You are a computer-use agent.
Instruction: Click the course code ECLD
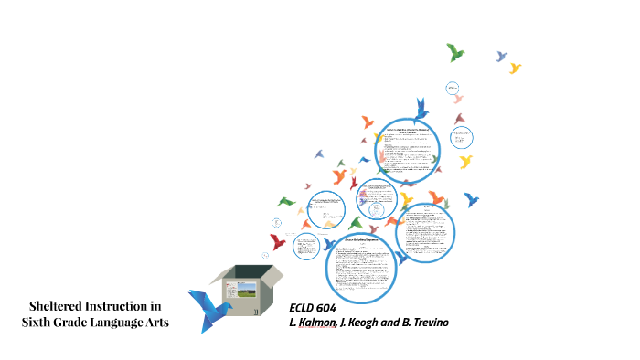tap(303, 307)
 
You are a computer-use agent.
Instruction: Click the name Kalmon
tap(315, 323)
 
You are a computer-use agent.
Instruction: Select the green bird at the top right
tap(454, 52)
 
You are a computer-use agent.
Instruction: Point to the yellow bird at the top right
tap(515, 68)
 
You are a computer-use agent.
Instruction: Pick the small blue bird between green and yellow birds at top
tap(501, 57)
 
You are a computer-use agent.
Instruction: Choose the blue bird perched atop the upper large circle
tap(421, 110)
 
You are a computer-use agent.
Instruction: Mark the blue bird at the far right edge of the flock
tap(472, 198)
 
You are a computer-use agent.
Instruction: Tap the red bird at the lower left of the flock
tap(278, 242)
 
